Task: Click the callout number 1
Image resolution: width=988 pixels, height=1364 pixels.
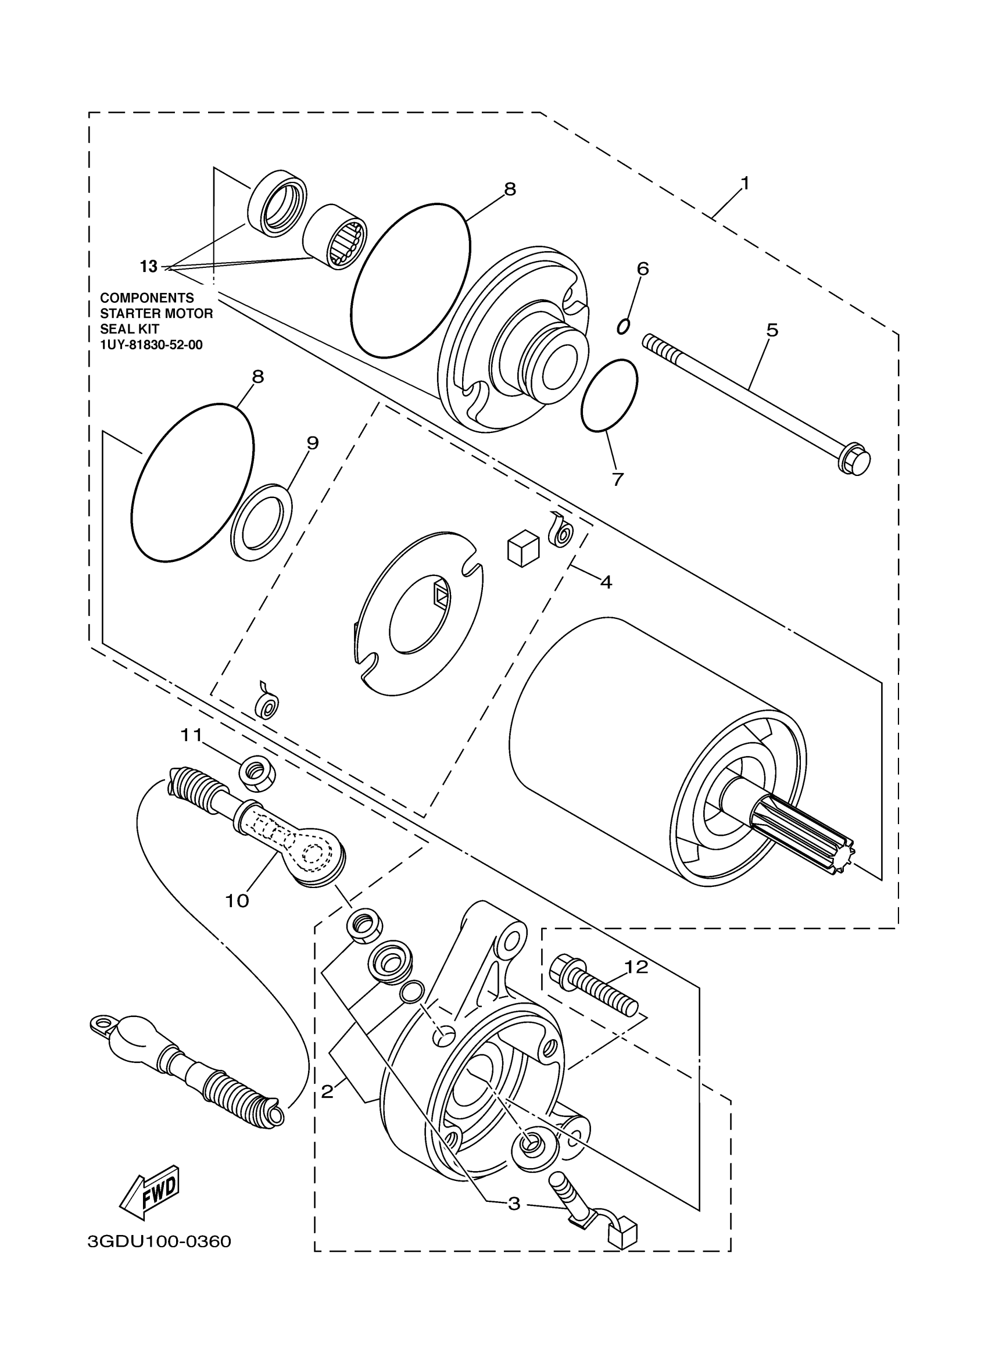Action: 744,183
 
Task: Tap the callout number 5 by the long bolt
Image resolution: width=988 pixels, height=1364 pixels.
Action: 772,330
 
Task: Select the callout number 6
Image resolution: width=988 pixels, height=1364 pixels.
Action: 643,268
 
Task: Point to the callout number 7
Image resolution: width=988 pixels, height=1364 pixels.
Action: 618,479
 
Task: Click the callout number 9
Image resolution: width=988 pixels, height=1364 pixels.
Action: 312,443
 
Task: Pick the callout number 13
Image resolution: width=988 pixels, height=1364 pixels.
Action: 149,266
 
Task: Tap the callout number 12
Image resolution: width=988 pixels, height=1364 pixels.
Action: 636,967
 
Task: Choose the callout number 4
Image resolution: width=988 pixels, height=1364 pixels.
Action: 606,582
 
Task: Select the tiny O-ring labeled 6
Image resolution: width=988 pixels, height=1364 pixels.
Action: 624,326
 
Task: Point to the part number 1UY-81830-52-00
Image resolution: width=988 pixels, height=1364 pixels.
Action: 151,345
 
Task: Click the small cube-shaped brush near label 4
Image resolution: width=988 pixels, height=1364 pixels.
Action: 522,547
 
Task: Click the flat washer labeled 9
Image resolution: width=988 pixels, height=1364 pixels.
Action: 262,521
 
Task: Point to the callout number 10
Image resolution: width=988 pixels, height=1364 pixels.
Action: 237,900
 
